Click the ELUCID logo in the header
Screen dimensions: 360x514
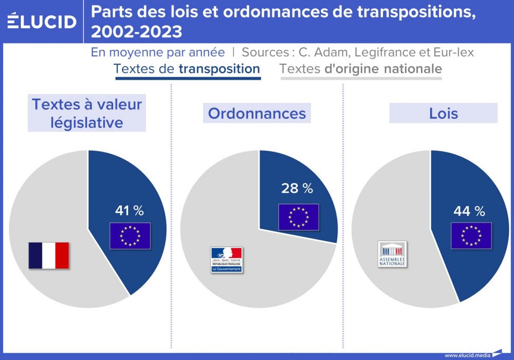click(x=42, y=21)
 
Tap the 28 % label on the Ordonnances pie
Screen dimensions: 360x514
click(x=297, y=188)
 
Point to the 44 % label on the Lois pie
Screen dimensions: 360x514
click(x=469, y=211)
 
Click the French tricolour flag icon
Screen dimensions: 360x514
click(x=49, y=255)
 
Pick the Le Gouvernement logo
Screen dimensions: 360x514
click(x=226, y=260)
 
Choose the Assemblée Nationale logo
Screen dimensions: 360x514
click(x=392, y=254)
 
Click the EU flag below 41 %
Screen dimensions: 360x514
click(x=130, y=236)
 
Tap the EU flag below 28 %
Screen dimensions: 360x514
click(x=299, y=217)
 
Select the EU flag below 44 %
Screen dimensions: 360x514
click(x=471, y=236)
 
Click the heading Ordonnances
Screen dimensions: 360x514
click(x=257, y=113)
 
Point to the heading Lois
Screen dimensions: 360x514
click(x=443, y=113)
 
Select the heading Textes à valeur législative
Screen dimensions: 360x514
click(x=87, y=113)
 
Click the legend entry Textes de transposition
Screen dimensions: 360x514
click(x=187, y=69)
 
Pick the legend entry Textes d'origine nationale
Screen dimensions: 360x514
click(x=361, y=69)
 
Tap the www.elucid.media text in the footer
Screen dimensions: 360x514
click(x=467, y=355)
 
